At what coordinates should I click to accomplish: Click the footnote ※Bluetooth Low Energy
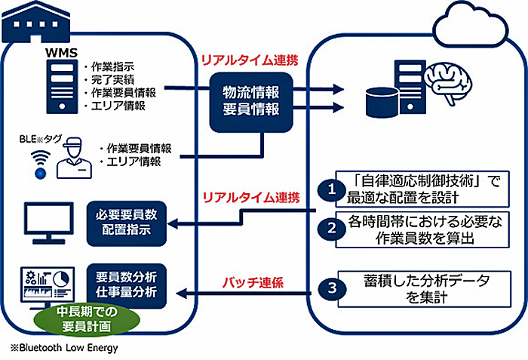coord(63,349)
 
